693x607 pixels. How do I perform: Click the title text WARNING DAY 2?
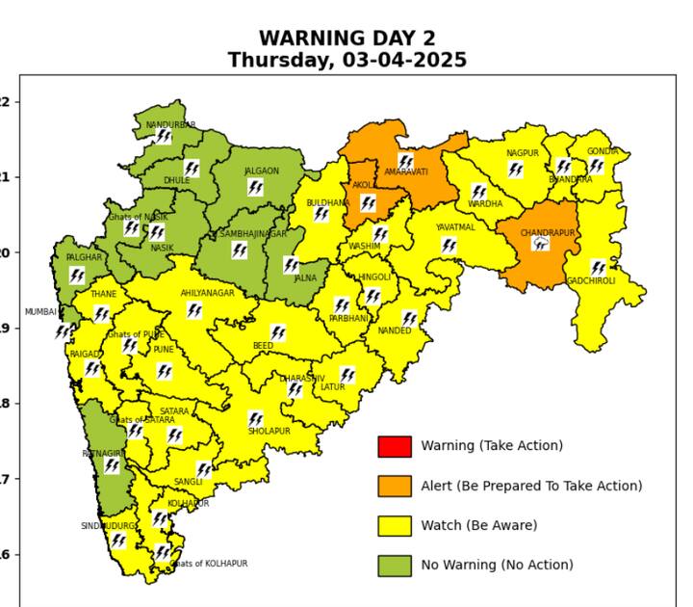(x=346, y=39)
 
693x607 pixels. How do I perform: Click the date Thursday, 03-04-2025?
(x=346, y=61)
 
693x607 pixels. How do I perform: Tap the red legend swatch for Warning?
(x=394, y=446)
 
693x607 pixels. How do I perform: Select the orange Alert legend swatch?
(x=394, y=486)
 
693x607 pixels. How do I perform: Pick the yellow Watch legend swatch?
(x=394, y=525)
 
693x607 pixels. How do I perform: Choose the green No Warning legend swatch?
(x=394, y=565)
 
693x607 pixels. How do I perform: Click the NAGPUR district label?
(x=522, y=153)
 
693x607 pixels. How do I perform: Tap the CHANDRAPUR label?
(x=547, y=233)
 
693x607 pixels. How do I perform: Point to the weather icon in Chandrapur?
(x=541, y=245)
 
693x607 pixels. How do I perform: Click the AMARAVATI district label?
(x=405, y=172)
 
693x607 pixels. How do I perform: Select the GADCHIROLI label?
(x=591, y=281)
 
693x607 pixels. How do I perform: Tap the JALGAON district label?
(x=261, y=172)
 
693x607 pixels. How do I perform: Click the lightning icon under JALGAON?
(x=255, y=187)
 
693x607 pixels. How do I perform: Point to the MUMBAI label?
(x=40, y=312)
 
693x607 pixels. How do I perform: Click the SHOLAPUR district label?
(x=269, y=432)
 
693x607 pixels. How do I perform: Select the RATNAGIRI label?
(x=103, y=453)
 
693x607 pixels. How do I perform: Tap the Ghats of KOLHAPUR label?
(x=209, y=564)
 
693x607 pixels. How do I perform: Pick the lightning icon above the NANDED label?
(x=409, y=318)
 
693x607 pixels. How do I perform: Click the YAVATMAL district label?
(x=455, y=227)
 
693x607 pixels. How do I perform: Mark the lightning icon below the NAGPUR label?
(x=516, y=170)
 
